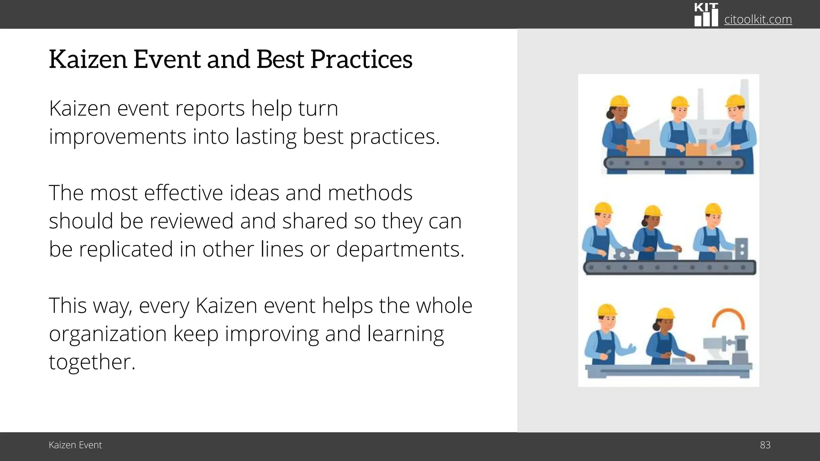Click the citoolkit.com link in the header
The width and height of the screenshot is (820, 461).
click(x=758, y=19)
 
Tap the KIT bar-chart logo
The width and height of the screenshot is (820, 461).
click(x=706, y=15)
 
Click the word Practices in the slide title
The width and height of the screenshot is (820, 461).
click(x=361, y=59)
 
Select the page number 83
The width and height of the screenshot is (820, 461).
click(x=765, y=445)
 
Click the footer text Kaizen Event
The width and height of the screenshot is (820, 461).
click(x=75, y=445)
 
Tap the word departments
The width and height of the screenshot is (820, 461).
click(x=400, y=249)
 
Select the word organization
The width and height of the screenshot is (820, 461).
click(x=108, y=334)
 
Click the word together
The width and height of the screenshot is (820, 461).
click(x=92, y=362)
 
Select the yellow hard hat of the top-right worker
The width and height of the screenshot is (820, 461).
click(x=736, y=101)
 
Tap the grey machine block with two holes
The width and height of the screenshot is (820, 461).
click(x=742, y=248)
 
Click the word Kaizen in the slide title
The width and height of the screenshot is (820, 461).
click(x=88, y=59)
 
